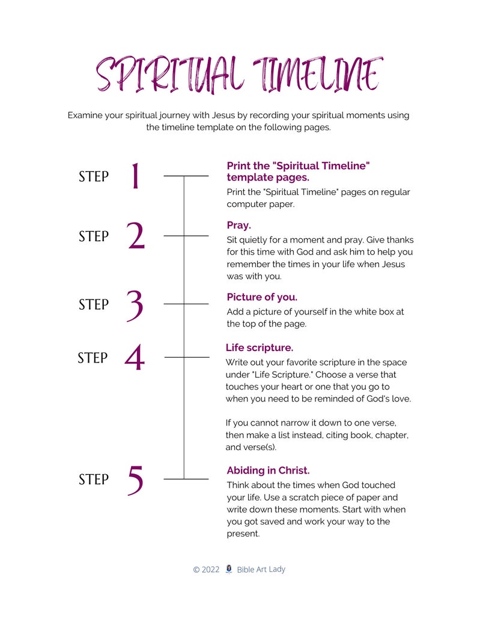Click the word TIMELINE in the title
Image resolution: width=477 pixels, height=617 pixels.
pos(317,76)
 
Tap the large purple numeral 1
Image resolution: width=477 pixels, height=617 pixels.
pos(136,176)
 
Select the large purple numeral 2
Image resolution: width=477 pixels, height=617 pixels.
pos(136,236)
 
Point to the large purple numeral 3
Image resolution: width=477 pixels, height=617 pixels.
pos(136,304)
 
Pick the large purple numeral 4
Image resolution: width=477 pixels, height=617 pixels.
pos(135,358)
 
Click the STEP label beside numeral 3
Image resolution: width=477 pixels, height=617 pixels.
pos(94,304)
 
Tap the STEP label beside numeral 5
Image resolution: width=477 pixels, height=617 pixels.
pos(94,480)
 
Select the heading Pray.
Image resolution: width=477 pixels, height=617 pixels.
pos(239,226)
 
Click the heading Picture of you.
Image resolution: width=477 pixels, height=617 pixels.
pos(262,297)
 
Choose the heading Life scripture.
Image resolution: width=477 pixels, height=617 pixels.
pos(259,348)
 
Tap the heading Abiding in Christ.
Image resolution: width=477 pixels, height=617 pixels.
pos(268,471)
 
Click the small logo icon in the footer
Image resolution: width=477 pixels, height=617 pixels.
pos(228,569)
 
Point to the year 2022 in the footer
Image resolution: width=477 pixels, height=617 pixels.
pos(210,570)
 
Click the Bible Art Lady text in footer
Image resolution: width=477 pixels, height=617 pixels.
pos(261,569)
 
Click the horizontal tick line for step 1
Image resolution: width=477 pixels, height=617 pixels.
pos(186,176)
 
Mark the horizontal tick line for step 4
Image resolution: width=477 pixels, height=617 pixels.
pos(186,357)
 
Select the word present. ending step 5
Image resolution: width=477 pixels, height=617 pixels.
pos(243,534)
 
